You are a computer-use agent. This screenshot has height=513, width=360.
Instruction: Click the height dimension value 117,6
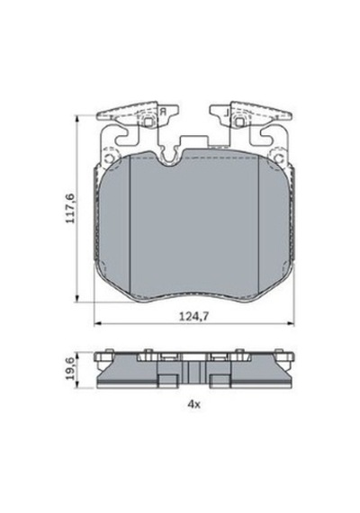click(x=70, y=209)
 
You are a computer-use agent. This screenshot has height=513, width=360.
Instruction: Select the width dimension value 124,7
click(x=194, y=317)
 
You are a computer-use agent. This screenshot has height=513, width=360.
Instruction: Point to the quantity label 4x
click(x=193, y=404)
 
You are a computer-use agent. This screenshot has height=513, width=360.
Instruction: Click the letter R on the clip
click(x=163, y=112)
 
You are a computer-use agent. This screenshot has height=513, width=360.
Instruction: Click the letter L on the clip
click(x=226, y=112)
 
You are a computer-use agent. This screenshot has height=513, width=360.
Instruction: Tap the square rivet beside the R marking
click(x=148, y=121)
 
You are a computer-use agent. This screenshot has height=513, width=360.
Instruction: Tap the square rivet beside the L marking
click(x=239, y=121)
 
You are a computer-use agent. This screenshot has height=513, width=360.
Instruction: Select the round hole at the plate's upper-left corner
click(x=109, y=158)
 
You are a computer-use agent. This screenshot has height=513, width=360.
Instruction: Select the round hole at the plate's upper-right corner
click(x=279, y=158)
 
